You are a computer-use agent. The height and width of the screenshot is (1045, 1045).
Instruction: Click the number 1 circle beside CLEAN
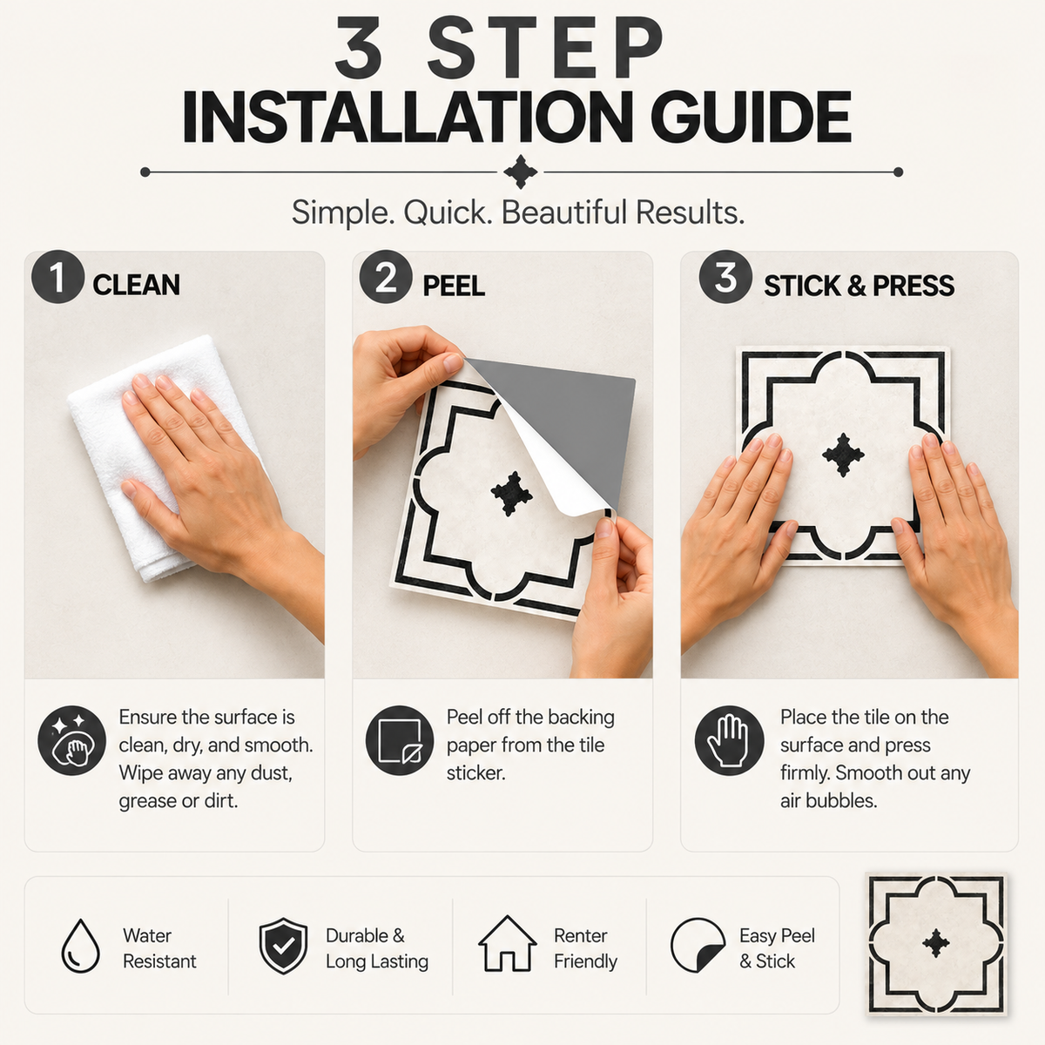point(58,277)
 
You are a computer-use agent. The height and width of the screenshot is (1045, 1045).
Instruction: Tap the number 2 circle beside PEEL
point(386,277)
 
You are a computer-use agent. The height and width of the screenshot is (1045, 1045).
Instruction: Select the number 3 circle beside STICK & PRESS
point(725,277)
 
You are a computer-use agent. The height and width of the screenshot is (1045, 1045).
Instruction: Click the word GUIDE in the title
point(751,118)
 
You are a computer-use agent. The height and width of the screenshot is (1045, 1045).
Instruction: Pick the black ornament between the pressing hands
point(843,455)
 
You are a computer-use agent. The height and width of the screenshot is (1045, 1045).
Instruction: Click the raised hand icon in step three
point(729,740)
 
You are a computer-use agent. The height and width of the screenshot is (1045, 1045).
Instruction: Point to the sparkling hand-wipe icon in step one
point(71,740)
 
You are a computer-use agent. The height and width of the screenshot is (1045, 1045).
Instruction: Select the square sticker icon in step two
point(400,740)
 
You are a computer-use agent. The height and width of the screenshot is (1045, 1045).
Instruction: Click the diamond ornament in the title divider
point(520,172)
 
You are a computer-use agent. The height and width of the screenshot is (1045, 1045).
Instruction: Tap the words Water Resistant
point(159,948)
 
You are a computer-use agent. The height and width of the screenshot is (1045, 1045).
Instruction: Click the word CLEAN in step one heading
point(136,286)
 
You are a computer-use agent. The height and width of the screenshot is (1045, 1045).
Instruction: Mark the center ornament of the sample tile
point(935,943)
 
